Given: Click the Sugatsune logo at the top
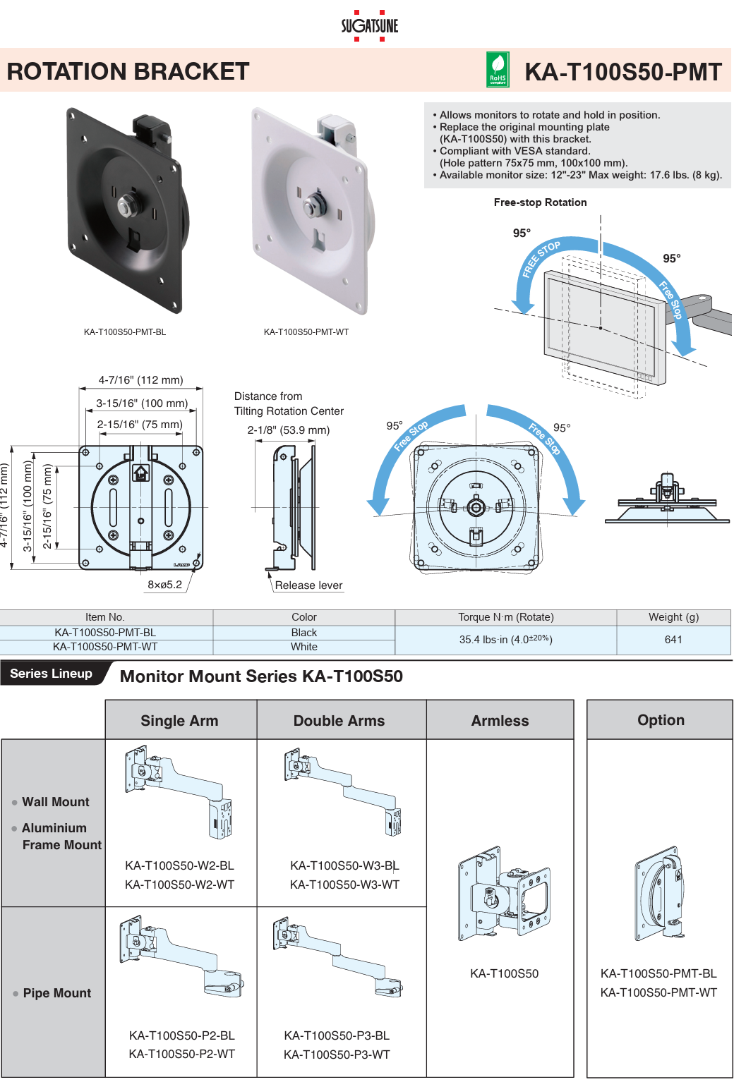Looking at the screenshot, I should coord(369,25).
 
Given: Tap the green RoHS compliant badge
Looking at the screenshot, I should coord(498,71).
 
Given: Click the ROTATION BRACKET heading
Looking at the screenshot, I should coord(128,71).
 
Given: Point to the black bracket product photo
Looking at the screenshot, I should coord(127,209).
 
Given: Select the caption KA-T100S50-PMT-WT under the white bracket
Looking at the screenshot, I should coord(306,332).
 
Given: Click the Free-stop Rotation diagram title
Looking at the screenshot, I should coord(540,202).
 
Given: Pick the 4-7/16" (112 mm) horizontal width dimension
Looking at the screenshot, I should coord(140,380).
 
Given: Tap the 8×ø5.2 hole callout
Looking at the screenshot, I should coord(164,585).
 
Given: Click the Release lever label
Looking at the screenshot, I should coord(308,585).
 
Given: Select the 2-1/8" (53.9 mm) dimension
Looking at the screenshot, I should coord(288,430).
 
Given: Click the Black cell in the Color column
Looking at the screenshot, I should coord(303,633).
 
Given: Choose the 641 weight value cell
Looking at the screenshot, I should coord(673,640).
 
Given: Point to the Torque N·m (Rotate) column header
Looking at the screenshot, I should coord(505,617).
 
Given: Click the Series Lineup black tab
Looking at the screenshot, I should coord(52,674).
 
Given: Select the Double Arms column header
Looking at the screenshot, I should coord(339,721).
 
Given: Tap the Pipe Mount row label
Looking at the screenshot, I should coord(56,993).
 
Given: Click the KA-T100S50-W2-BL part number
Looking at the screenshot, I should coord(179,865).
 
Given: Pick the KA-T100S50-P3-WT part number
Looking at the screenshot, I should coord(337,1054).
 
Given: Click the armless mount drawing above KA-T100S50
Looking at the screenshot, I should coord(504,892).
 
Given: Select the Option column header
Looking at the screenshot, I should coord(661,720).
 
